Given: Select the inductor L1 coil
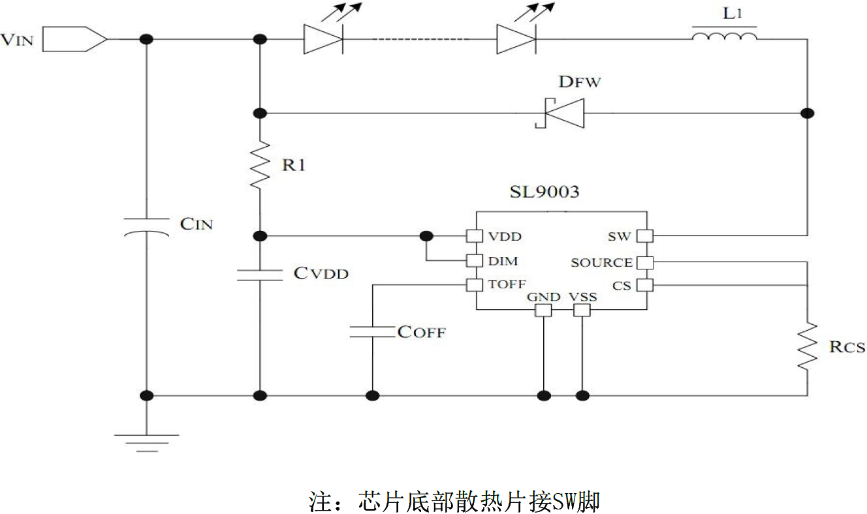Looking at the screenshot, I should tap(724, 35).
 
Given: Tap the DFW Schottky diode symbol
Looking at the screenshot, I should tap(559, 113).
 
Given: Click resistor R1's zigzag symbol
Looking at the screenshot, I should tap(260, 165).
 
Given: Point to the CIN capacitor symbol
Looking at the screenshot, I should tap(146, 226).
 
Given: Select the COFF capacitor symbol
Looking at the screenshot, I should tap(372, 331).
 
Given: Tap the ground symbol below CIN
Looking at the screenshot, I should tap(146, 443).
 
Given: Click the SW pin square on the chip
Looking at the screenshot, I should tap(646, 235).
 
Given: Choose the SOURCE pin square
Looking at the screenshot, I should tap(646, 262).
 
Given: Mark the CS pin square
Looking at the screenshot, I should tap(646, 285).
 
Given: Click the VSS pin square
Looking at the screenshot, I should tap(582, 310).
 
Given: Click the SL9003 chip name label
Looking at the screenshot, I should tap(544, 192).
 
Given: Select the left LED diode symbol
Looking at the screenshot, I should tap(323, 39).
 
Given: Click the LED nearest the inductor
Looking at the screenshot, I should tap(516, 39).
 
